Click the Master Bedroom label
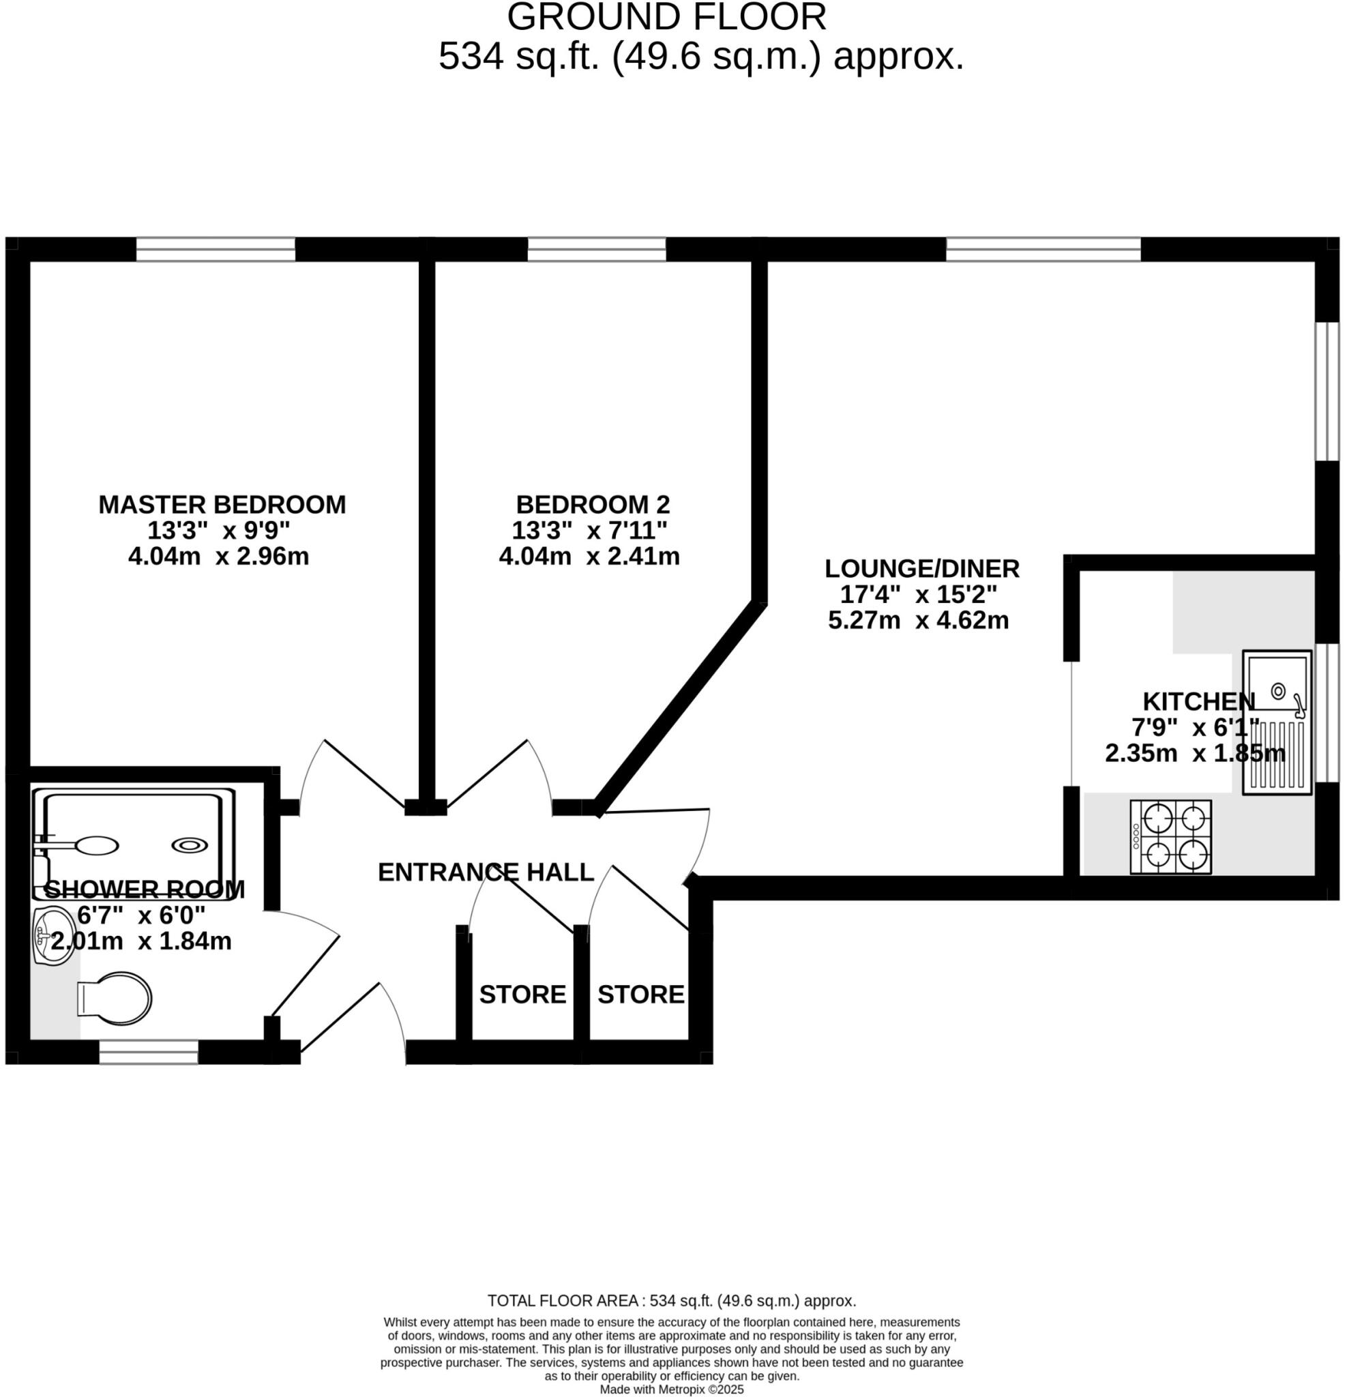[x=222, y=505]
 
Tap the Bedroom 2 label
[x=592, y=505]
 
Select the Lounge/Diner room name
[x=922, y=568]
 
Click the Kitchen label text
[x=1199, y=701]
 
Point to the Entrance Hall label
[x=486, y=872]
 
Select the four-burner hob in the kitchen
[x=1170, y=837]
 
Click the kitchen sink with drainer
[x=1276, y=722]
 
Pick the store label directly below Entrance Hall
[x=522, y=995]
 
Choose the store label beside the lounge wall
[x=640, y=995]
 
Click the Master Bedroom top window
[x=216, y=250]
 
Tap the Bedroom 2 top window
[x=597, y=250]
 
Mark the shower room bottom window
[x=148, y=1052]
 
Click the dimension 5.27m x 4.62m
[x=918, y=620]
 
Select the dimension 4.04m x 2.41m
[x=589, y=556]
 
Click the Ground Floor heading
[x=666, y=17]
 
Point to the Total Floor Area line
[x=671, y=1301]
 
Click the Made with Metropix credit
[x=671, y=1390]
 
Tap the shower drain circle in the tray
[x=190, y=844]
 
